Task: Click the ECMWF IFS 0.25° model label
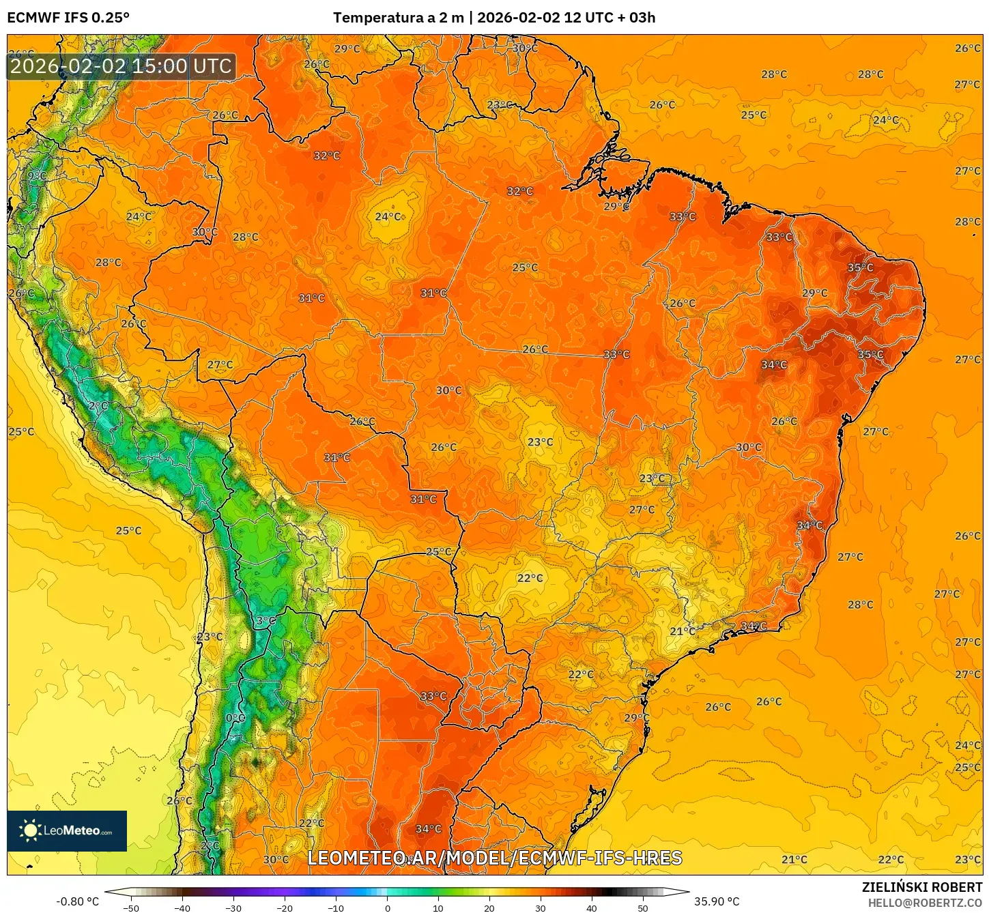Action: coord(68,18)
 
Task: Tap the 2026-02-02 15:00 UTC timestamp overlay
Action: coord(121,66)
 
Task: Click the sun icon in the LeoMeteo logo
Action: coord(30,830)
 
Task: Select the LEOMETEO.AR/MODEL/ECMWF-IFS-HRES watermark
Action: coord(495,858)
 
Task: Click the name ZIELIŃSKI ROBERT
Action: coord(921,887)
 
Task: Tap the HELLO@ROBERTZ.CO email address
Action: coord(925,903)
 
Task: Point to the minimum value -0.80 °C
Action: coord(77,901)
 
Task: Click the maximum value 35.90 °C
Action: coord(717,901)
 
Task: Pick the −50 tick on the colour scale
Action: coord(131,908)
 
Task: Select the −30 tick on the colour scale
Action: coord(233,908)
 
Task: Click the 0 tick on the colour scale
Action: coord(387,908)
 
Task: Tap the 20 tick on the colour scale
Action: coord(489,908)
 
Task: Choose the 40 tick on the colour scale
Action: coord(592,908)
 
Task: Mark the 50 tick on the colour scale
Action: coord(643,908)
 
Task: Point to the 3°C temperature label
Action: coord(266,620)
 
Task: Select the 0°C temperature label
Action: coord(235,718)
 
